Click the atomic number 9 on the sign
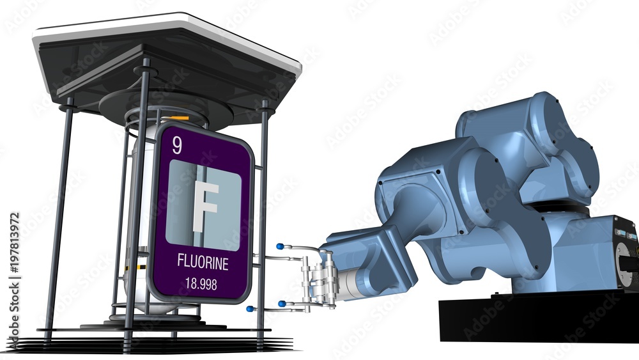[176, 146]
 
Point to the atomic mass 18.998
[201, 284]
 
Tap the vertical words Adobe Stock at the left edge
[14, 314]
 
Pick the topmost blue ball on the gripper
[280, 246]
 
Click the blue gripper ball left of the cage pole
[249, 309]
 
